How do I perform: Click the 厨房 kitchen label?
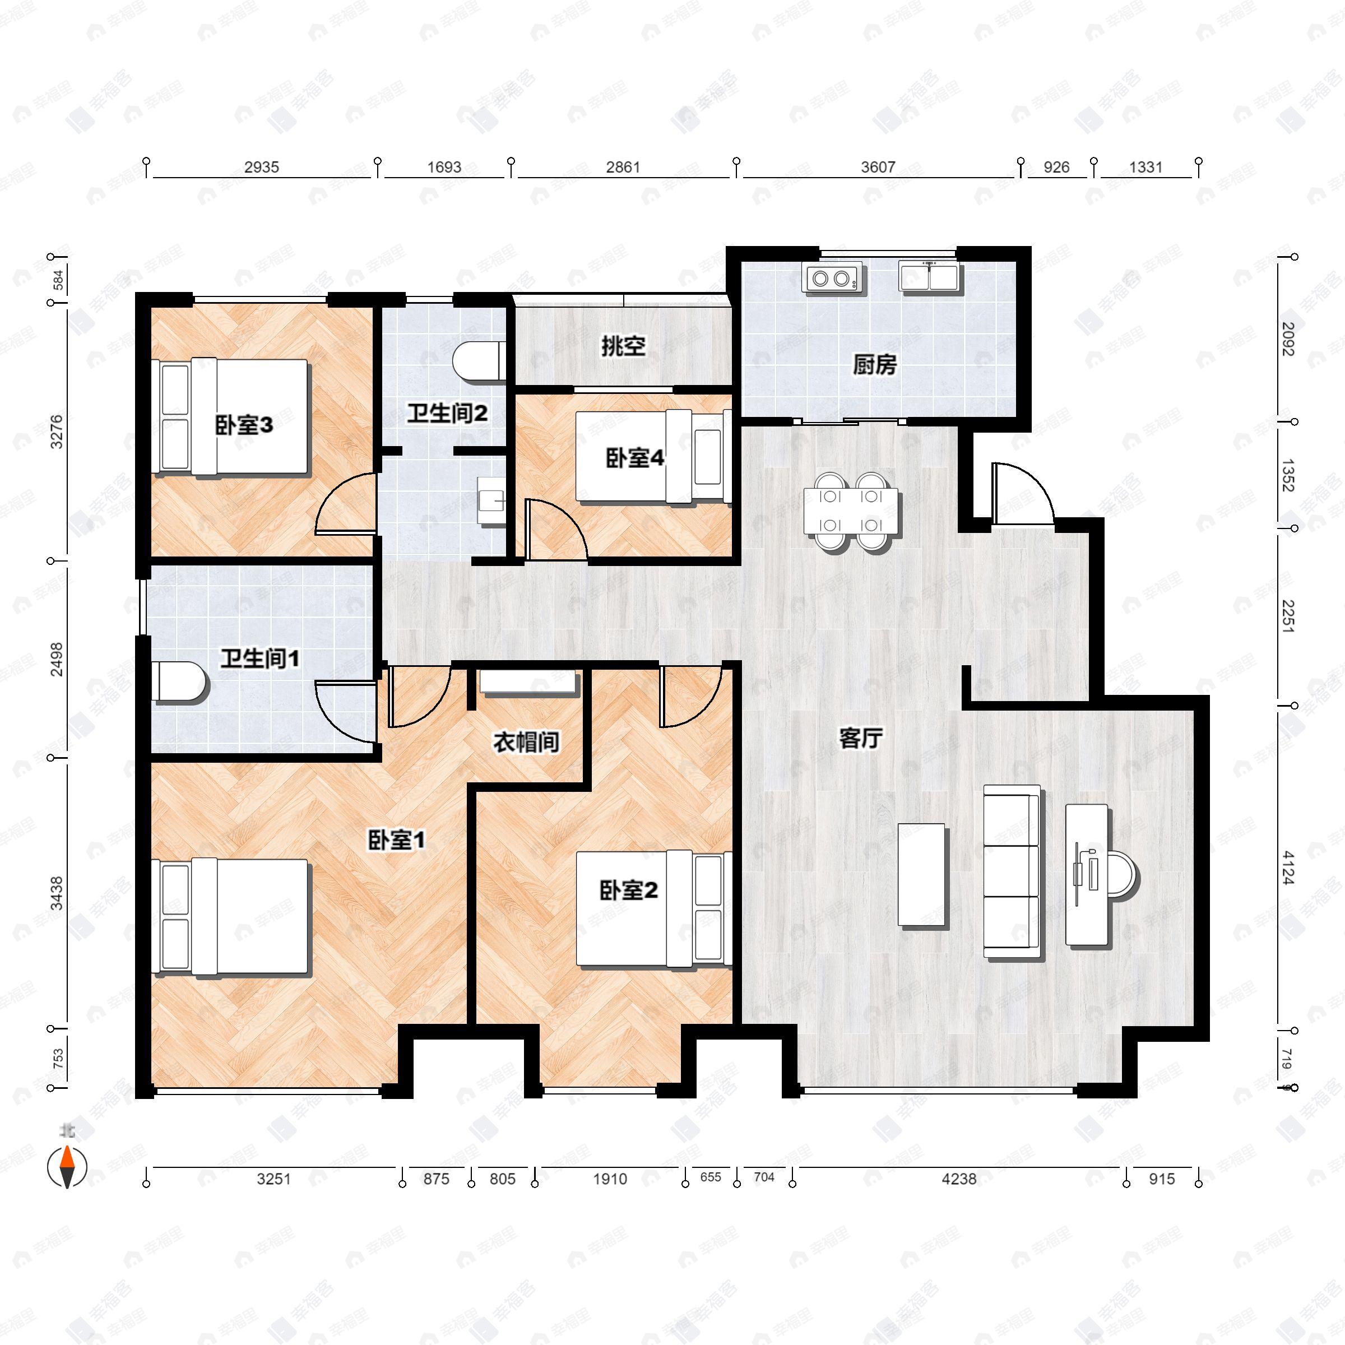click(874, 365)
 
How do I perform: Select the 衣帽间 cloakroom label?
click(526, 742)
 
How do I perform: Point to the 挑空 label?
click(623, 346)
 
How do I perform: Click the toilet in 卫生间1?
click(179, 681)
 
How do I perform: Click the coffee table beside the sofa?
click(921, 874)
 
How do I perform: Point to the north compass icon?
click(67, 1167)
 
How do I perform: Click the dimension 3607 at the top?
click(878, 167)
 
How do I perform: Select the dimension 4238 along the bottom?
click(959, 1179)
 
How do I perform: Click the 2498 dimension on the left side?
click(57, 658)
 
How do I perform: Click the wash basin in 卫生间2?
click(491, 500)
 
